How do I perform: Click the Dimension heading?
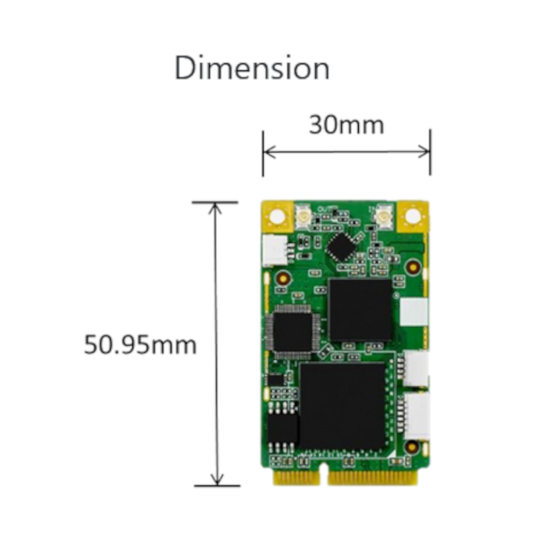pyautogui.click(x=252, y=67)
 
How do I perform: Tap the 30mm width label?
pyautogui.click(x=346, y=125)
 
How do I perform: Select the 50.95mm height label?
pyautogui.click(x=140, y=345)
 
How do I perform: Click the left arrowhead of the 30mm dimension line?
pyautogui.click(x=269, y=151)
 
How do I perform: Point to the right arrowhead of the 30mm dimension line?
pyautogui.click(x=424, y=151)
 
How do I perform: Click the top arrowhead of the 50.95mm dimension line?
pyautogui.click(x=216, y=209)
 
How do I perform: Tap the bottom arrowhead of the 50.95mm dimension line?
pyautogui.click(x=217, y=480)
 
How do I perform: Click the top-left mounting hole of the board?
pyautogui.click(x=277, y=217)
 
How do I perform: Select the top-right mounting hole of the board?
pyautogui.click(x=413, y=216)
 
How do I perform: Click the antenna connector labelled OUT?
pyautogui.click(x=304, y=217)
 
